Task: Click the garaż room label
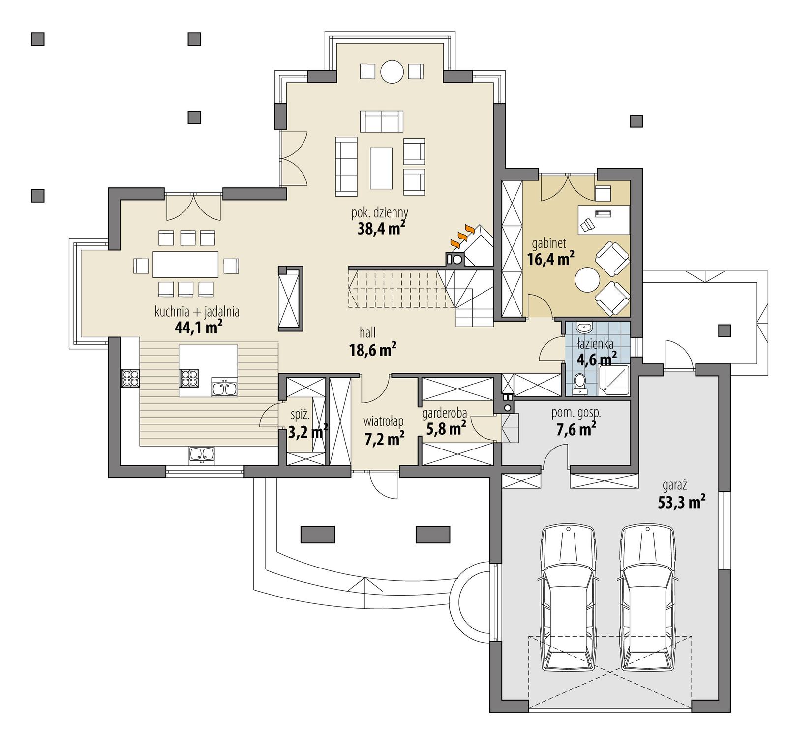click(674, 485)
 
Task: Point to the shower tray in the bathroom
click(613, 380)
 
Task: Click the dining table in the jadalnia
click(185, 265)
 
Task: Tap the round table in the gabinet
click(588, 280)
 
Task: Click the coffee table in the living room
click(381, 168)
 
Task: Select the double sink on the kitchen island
click(225, 387)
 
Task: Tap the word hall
click(367, 333)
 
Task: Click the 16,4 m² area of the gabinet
click(550, 259)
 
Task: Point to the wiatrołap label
click(384, 421)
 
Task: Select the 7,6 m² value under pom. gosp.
click(576, 429)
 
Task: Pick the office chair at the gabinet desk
click(587, 225)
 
